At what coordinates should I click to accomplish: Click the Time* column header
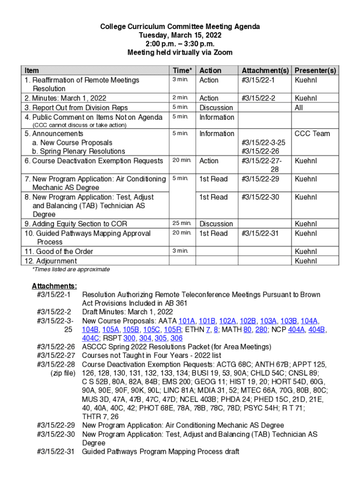coord(182,71)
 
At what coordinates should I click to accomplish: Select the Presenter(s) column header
coord(315,71)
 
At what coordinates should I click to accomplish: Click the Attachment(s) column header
coord(265,71)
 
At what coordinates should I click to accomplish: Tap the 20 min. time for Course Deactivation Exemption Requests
coord(182,160)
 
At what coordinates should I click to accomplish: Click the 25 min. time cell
coord(182,224)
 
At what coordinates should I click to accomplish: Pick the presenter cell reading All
coord(299,108)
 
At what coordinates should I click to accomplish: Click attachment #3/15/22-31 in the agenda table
coord(260,233)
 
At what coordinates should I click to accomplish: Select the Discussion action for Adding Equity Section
coord(216,224)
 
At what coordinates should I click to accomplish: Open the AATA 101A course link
coord(187,321)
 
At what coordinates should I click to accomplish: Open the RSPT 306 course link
coord(176,338)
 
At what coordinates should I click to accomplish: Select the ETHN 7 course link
coord(208,330)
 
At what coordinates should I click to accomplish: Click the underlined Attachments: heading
coord(54,286)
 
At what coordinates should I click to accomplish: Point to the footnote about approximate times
coord(71,269)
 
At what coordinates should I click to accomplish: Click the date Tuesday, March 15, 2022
coord(180,35)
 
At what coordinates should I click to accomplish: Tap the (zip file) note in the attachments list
coord(63,373)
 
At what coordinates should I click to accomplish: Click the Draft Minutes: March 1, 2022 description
coord(128,312)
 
